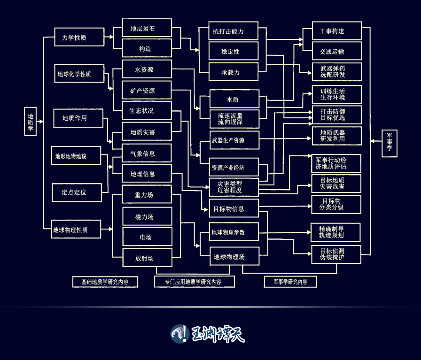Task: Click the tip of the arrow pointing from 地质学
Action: [x=43, y=122]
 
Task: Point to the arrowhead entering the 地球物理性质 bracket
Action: [x=112, y=229]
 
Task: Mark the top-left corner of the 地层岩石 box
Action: [x=123, y=19]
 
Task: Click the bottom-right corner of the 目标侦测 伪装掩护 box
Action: [x=361, y=263]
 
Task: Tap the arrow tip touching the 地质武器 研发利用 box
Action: [x=312, y=138]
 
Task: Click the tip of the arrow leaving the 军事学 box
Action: [x=371, y=141]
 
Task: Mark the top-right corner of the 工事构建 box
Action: [x=362, y=22]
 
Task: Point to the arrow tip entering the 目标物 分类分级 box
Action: [x=312, y=206]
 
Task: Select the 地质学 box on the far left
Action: [x=31, y=122]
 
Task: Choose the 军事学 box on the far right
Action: [x=390, y=143]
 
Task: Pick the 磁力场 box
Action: [x=147, y=216]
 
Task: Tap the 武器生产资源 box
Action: [x=234, y=140]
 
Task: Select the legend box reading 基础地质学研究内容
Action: [x=105, y=282]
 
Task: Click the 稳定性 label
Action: [x=230, y=52]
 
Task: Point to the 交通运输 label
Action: [x=332, y=52]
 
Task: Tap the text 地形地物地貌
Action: [x=70, y=156]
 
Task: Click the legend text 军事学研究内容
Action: [x=290, y=282]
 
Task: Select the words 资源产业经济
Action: [x=228, y=168]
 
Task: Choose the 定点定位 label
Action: [x=74, y=192]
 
